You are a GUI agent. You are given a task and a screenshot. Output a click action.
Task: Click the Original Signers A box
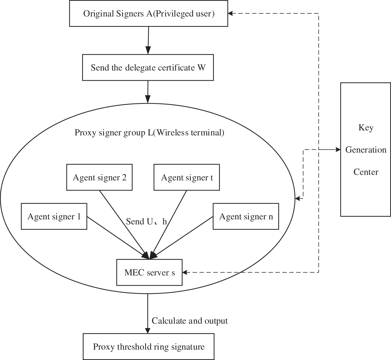pyautogui.click(x=148, y=14)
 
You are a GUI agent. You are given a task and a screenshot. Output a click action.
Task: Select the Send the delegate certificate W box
pyautogui.click(x=148, y=68)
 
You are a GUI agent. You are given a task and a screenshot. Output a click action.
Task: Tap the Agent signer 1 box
pyautogui.click(x=54, y=216)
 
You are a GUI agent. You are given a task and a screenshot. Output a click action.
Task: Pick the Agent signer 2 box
pyautogui.click(x=99, y=178)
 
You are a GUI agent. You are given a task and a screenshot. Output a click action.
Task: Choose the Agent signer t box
pyautogui.click(x=186, y=178)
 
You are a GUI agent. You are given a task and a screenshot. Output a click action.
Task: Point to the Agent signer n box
pyautogui.click(x=245, y=216)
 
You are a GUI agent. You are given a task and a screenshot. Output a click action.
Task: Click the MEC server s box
pyautogui.click(x=149, y=272)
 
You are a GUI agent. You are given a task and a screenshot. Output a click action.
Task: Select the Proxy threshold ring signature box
pyautogui.click(x=149, y=347)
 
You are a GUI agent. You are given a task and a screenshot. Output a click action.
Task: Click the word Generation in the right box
pyautogui.click(x=366, y=150)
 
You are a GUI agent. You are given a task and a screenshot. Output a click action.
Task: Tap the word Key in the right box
pyautogui.click(x=366, y=127)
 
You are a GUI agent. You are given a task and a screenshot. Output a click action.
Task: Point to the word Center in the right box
pyautogui.click(x=366, y=172)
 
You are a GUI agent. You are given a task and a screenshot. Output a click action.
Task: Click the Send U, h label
pyautogui.click(x=146, y=221)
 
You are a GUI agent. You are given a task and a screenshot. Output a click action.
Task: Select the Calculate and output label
pyautogui.click(x=190, y=321)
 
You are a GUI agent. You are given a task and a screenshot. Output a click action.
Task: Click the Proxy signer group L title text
pyautogui.click(x=149, y=133)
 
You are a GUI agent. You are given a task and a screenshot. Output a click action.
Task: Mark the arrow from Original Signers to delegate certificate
pyautogui.click(x=148, y=41)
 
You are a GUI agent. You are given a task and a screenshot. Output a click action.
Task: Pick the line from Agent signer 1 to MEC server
pyautogui.click(x=116, y=236)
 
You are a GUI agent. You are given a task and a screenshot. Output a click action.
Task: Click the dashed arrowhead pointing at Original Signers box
pyautogui.click(x=230, y=13)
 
